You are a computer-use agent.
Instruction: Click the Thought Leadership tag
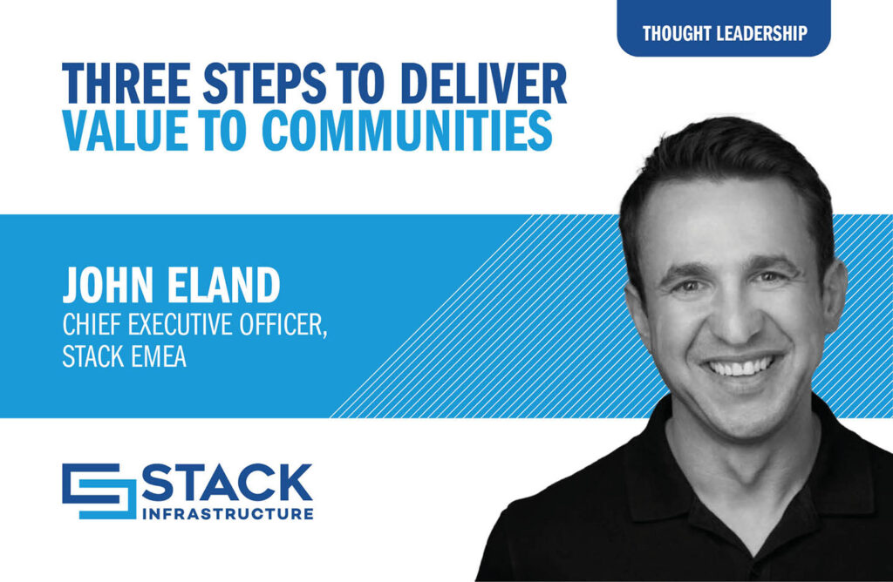[x=724, y=34]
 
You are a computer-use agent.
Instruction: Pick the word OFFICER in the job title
[x=287, y=326]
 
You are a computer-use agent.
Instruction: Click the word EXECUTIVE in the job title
[x=184, y=326]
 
